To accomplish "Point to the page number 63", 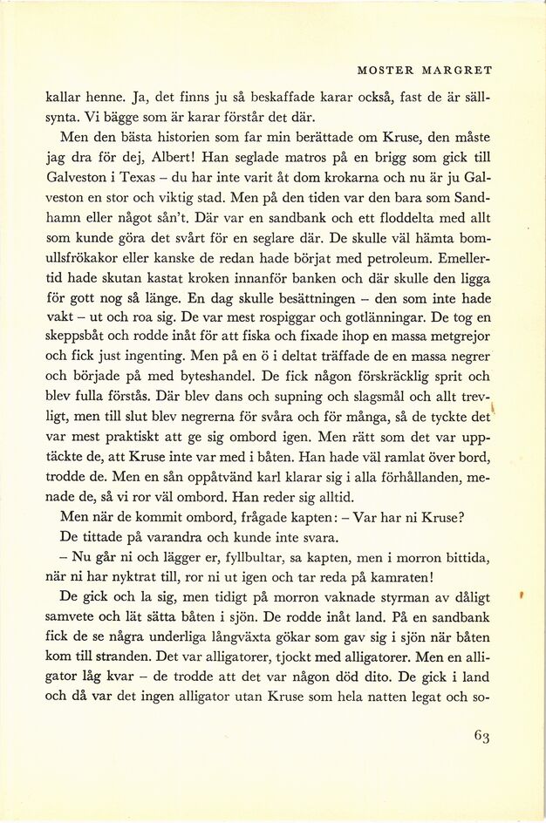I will pyautogui.click(x=482, y=737).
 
